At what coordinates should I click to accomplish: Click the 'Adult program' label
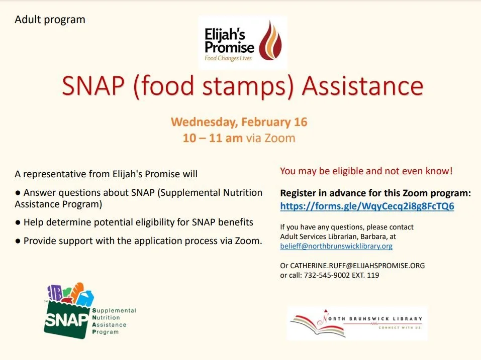click(50, 20)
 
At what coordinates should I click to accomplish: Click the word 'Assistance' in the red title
click(362, 86)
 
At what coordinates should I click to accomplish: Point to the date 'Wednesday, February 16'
click(239, 122)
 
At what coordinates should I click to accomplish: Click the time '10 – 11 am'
click(213, 138)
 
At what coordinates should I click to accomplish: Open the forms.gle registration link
click(367, 206)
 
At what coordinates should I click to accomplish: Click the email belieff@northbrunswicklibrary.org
click(336, 246)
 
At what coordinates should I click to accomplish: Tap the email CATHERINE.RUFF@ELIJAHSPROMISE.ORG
click(357, 266)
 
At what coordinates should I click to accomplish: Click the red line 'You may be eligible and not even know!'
click(366, 171)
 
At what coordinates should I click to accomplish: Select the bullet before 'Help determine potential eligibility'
click(18, 222)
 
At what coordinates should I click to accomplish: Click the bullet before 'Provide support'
click(18, 241)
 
